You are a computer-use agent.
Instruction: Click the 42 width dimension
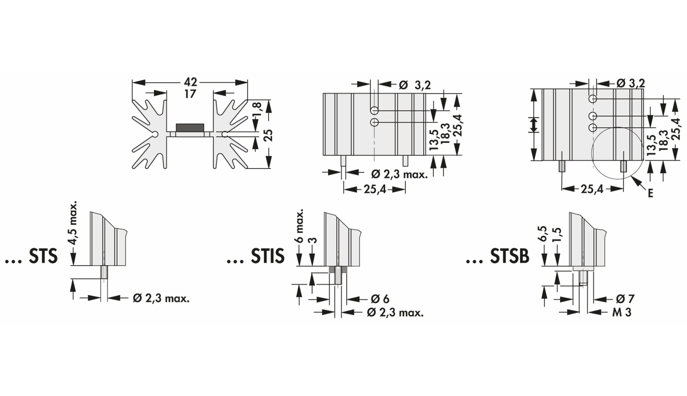(x=190, y=82)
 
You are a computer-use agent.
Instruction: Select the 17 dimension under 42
(x=190, y=94)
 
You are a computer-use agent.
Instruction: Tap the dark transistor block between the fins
(x=190, y=128)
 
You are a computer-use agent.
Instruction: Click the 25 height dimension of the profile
(x=269, y=136)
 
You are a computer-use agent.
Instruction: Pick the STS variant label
(x=43, y=256)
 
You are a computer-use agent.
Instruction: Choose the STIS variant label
(x=268, y=256)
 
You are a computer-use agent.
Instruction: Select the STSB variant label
(x=509, y=256)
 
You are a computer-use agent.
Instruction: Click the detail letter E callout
(x=650, y=193)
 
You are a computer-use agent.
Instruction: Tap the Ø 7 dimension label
(x=625, y=299)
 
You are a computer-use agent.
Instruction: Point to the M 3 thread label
(x=622, y=312)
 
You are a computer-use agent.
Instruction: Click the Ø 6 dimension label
(x=380, y=299)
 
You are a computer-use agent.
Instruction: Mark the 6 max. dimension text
(x=300, y=226)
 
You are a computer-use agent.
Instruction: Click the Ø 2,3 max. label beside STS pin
(x=161, y=298)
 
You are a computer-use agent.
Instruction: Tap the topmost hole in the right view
(x=593, y=99)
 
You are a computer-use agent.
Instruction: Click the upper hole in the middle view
(x=374, y=110)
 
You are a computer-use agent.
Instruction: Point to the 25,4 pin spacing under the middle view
(x=375, y=189)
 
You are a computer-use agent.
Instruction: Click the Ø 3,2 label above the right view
(x=631, y=83)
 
